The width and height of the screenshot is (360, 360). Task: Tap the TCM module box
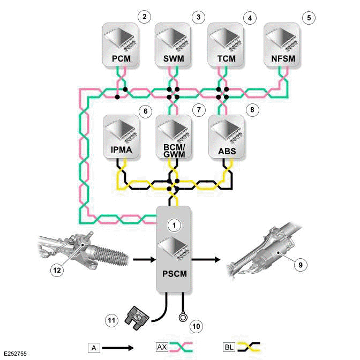pos(226,44)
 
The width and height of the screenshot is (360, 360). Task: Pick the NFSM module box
pos(282,44)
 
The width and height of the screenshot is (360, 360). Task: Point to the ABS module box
pos(226,136)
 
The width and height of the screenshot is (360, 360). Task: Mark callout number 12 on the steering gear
pos(57,270)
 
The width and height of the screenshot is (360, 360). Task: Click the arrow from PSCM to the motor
pos(206,260)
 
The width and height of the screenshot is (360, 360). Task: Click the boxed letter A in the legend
pos(92,347)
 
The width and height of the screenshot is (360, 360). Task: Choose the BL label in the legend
pos(229,347)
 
